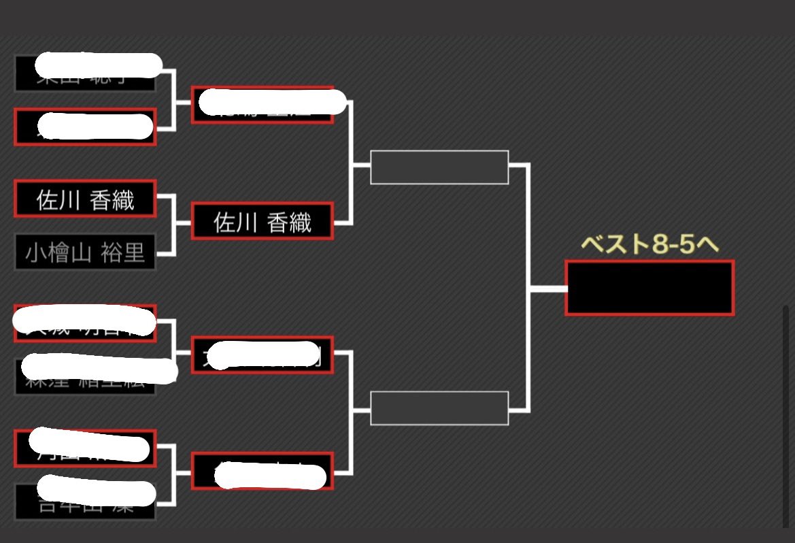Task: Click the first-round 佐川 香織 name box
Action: pos(85,199)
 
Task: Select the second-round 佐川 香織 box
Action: pos(262,222)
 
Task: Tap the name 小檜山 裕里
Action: pos(85,252)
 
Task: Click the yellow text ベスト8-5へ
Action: pos(649,245)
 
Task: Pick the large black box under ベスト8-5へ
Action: pos(649,288)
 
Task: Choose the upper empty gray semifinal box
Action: pos(439,167)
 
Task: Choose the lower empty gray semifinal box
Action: pos(439,408)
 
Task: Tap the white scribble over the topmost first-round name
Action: pos(99,65)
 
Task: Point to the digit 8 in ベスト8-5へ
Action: pos(660,245)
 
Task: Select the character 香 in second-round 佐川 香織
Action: pos(279,222)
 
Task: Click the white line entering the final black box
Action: pos(548,289)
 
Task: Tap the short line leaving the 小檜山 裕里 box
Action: pos(166,254)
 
